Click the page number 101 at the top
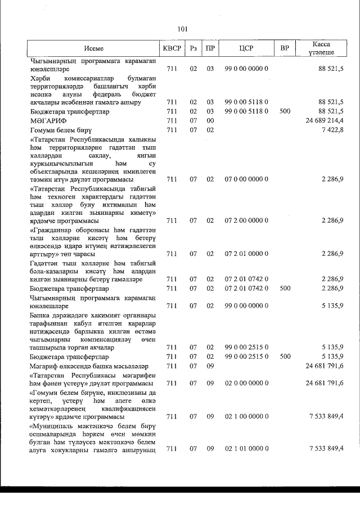[182, 29]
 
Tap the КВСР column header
[172, 48]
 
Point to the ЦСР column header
[246, 48]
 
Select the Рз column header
[193, 48]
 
